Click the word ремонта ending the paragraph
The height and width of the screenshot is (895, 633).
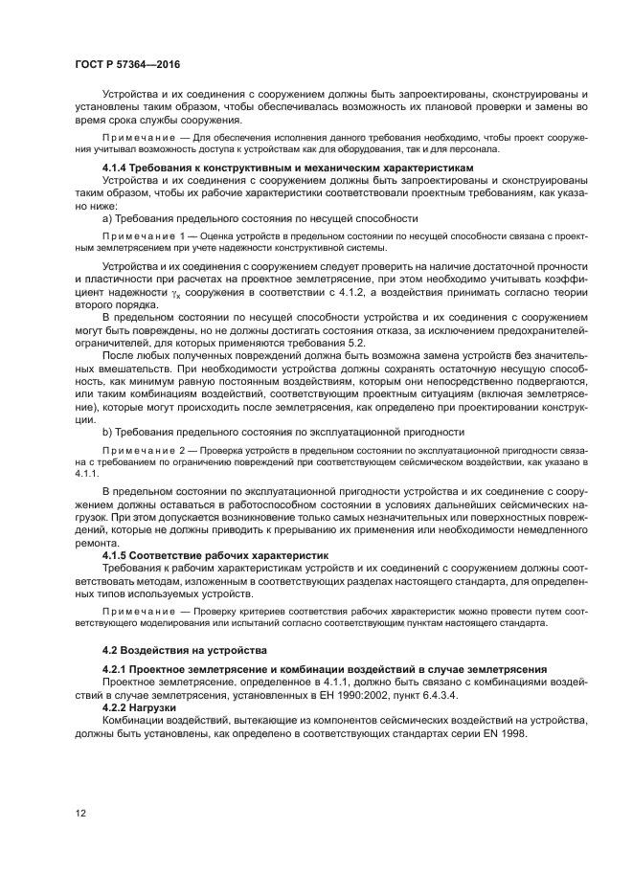96,541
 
